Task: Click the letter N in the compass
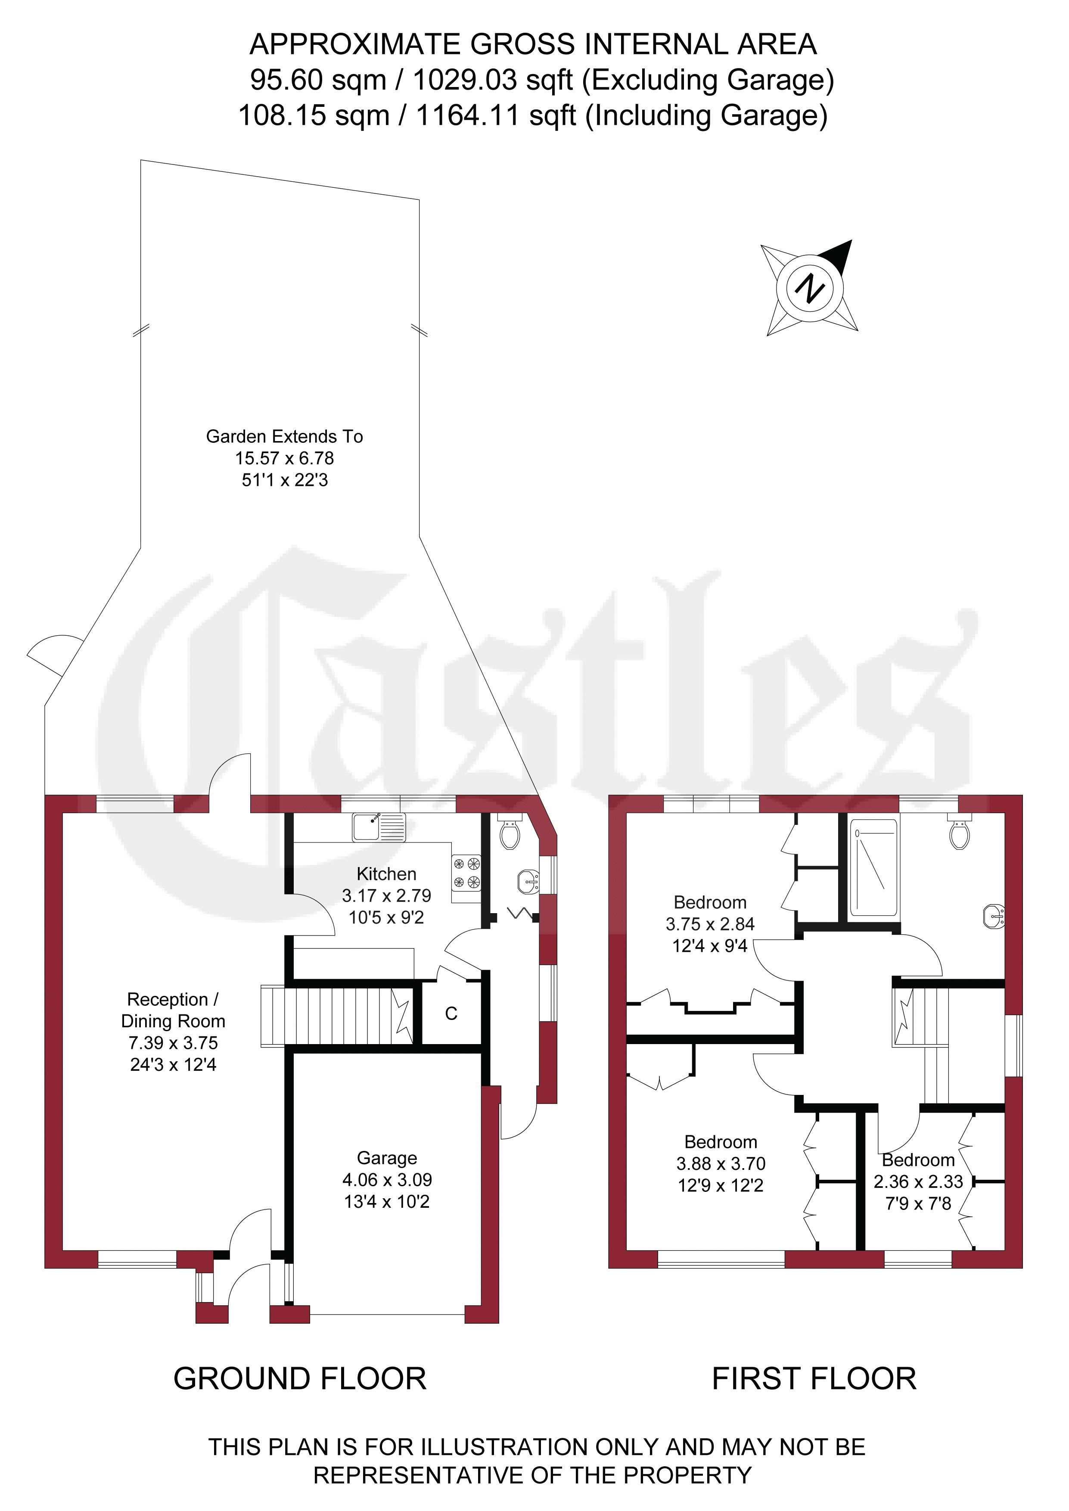(x=810, y=288)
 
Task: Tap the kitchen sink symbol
(x=379, y=827)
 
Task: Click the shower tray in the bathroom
(x=873, y=867)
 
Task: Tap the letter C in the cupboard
(x=451, y=1014)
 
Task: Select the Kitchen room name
(x=386, y=874)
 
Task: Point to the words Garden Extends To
(x=284, y=436)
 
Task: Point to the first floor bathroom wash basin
(x=994, y=917)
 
